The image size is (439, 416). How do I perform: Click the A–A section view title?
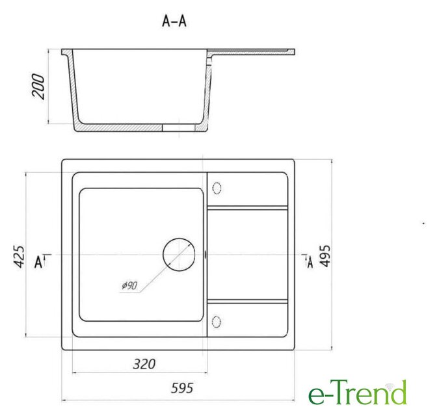pyautogui.click(x=174, y=21)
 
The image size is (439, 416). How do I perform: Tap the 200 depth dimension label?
pyautogui.click(x=38, y=86)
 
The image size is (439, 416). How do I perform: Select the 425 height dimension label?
pyautogui.click(x=19, y=257)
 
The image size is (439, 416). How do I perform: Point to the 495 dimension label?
pyautogui.click(x=325, y=256)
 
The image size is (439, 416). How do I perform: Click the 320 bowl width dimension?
pyautogui.click(x=144, y=364)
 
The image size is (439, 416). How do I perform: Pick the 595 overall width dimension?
pyautogui.click(x=182, y=388)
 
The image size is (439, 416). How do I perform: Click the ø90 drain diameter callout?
pyautogui.click(x=129, y=285)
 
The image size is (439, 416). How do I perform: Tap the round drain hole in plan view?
pyautogui.click(x=179, y=255)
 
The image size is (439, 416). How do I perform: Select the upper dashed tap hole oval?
pyautogui.click(x=217, y=188)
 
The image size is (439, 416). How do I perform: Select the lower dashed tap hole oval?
pyautogui.click(x=217, y=322)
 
